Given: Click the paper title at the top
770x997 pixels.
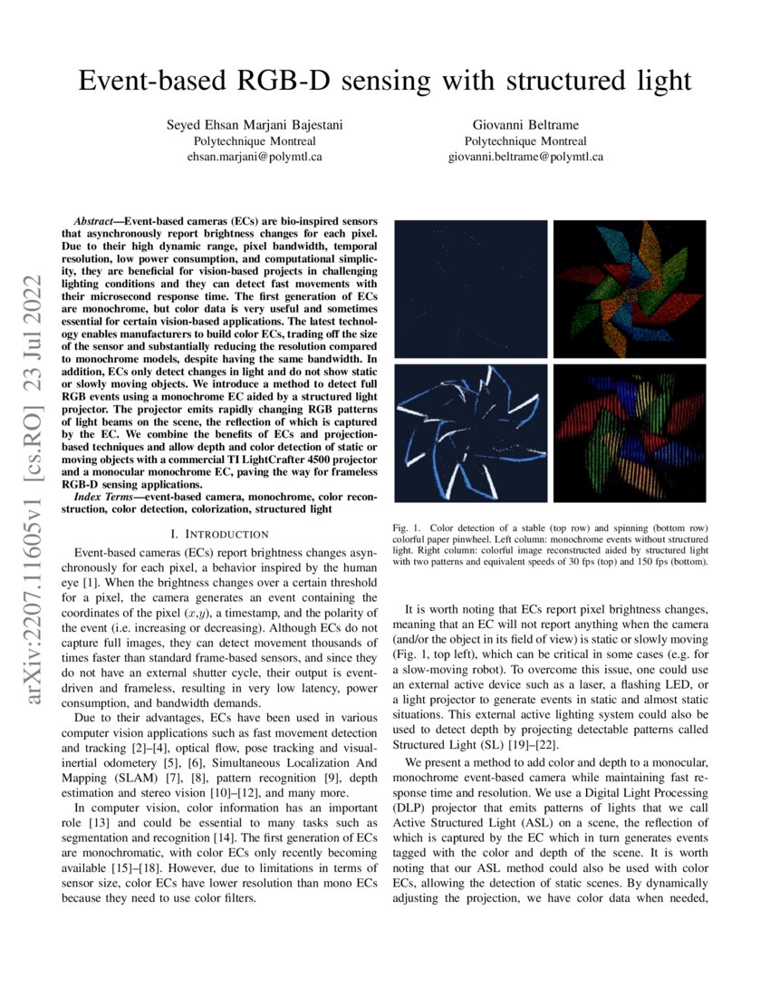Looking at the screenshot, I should click(x=384, y=81).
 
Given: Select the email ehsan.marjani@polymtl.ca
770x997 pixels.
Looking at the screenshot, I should click(x=255, y=156).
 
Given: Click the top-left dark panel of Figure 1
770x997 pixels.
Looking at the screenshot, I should click(x=471, y=284).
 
